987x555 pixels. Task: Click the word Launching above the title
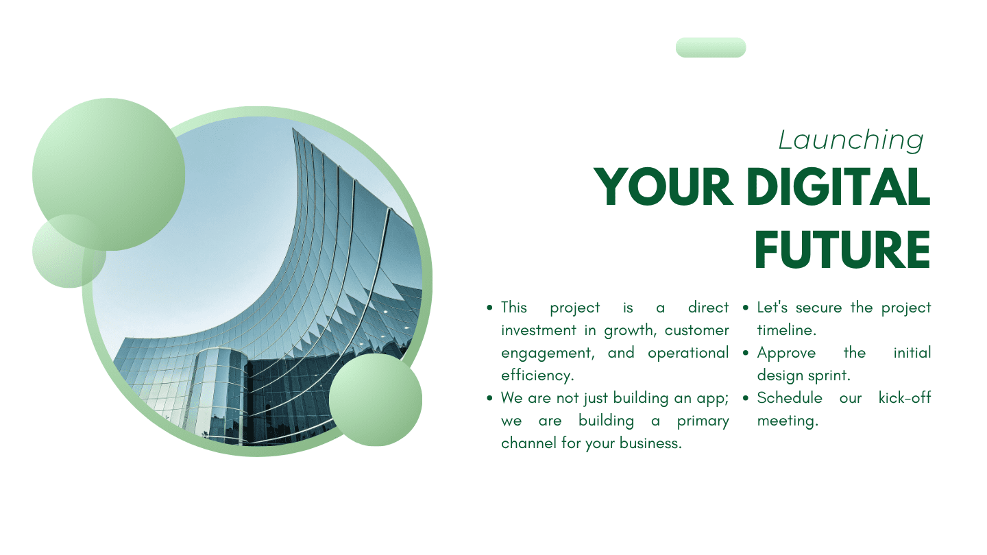(x=851, y=140)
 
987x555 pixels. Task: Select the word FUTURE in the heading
(x=842, y=249)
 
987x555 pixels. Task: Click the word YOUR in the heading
(x=663, y=187)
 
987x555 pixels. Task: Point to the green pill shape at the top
(x=711, y=47)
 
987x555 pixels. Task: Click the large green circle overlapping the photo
(x=108, y=175)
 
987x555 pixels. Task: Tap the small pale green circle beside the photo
(x=69, y=251)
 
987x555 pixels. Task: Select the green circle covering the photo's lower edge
(x=376, y=400)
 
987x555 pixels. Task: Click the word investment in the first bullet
(x=539, y=330)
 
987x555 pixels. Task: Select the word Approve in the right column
(x=786, y=354)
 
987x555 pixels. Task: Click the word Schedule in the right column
(x=790, y=398)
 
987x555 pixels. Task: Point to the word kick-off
(x=905, y=398)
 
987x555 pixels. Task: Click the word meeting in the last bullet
(x=788, y=421)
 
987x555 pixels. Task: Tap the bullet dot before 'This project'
(x=489, y=308)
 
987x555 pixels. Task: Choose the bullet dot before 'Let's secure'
(x=746, y=308)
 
